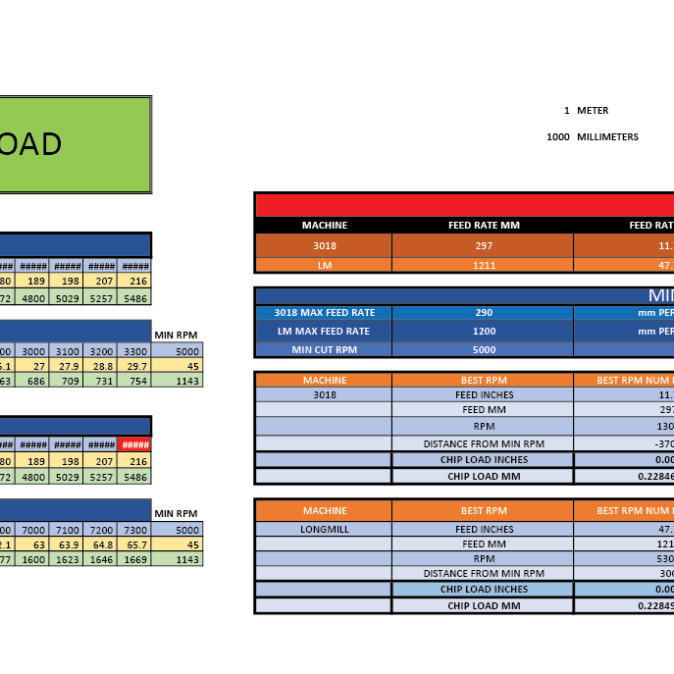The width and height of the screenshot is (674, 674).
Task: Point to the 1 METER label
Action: [x=586, y=111]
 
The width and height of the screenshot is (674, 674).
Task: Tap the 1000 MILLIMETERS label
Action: [x=592, y=137]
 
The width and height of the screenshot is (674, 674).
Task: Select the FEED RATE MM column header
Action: [x=484, y=226]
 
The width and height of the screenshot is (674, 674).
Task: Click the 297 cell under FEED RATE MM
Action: [x=484, y=246]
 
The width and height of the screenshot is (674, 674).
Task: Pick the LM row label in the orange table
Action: [x=324, y=265]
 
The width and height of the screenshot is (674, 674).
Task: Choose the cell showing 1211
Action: [x=484, y=265]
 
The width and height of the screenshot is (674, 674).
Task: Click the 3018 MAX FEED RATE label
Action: [x=324, y=313]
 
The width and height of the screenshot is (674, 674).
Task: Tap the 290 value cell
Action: [x=484, y=313]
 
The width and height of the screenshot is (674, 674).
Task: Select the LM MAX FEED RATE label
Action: [x=324, y=332]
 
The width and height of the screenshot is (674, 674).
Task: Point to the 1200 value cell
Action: [x=484, y=332]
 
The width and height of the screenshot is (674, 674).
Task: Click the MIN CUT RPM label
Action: [x=324, y=349]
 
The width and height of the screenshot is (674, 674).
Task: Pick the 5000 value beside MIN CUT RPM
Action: [x=484, y=349]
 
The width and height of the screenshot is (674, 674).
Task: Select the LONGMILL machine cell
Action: [x=324, y=529]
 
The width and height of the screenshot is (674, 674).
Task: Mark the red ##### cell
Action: [x=134, y=444]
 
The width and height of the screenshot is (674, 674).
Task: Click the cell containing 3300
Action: [x=134, y=351]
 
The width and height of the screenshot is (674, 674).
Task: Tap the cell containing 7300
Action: [x=134, y=531]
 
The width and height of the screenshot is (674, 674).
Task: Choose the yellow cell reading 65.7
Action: [x=134, y=544]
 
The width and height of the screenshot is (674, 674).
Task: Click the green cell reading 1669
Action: [x=134, y=559]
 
